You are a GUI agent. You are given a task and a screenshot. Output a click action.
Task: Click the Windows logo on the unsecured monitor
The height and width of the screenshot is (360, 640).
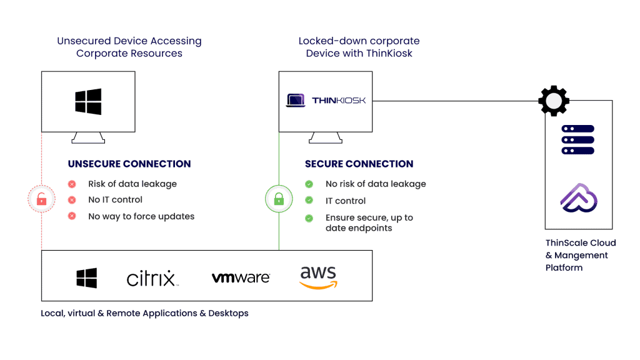point(88,101)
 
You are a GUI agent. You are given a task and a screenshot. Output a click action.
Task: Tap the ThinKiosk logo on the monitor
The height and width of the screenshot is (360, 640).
point(326,100)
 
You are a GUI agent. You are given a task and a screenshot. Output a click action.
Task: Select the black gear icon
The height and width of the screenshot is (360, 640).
point(554,101)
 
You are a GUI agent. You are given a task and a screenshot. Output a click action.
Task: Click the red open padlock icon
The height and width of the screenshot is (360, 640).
point(41,199)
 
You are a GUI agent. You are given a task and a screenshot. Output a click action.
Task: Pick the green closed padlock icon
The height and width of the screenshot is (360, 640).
point(279,199)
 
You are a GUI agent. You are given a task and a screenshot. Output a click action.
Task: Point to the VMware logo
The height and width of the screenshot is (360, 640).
point(241,277)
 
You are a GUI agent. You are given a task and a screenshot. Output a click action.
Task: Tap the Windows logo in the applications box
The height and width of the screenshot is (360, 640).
point(87,278)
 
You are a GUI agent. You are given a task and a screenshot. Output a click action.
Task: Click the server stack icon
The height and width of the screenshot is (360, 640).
point(577,139)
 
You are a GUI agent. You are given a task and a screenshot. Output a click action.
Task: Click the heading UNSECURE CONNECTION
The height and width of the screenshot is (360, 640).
point(129,164)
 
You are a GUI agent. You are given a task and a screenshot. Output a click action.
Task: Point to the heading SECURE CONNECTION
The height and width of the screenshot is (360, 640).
point(359,164)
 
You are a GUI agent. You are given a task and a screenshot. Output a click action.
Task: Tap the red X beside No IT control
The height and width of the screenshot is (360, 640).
point(72,200)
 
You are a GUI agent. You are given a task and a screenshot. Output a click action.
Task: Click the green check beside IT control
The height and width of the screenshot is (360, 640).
point(309,201)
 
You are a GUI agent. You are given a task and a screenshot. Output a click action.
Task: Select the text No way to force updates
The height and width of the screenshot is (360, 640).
point(141,216)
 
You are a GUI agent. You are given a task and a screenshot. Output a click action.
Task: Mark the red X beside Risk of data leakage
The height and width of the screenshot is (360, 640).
point(72,184)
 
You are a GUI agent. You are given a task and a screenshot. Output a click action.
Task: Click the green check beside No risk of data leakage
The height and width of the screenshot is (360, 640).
point(309,184)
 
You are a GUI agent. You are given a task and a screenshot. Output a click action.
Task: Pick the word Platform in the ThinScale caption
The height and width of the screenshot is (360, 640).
point(564,267)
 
